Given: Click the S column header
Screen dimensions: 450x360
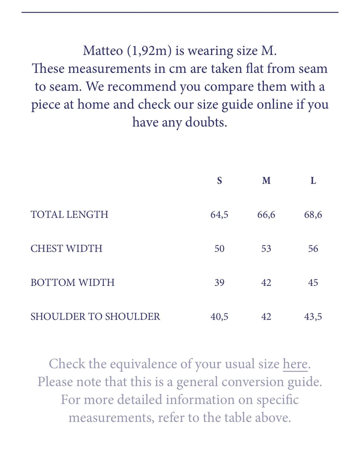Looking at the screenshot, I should coord(219,181).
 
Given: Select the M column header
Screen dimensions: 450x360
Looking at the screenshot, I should coord(266,181).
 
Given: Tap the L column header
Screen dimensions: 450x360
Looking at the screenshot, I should coord(313,181).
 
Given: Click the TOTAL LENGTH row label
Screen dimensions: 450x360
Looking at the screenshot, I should coord(69,214).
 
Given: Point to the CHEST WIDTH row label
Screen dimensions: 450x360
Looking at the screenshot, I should coord(66,249).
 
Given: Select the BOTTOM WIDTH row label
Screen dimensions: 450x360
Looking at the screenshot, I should coord(72,282).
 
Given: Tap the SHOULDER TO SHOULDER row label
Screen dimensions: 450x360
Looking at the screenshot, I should coord(95,317).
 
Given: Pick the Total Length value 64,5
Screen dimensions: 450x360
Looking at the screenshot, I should coord(219,215).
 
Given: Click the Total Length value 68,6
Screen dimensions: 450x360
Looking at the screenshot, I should coord(313,215).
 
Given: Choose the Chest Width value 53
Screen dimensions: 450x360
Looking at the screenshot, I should coord(266,249).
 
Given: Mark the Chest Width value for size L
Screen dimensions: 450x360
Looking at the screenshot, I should coord(313,249).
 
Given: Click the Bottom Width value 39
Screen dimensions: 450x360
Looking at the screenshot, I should coord(219,283).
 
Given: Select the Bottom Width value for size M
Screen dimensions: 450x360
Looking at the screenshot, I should coord(266,283).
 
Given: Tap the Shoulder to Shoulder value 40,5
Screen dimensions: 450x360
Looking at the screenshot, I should coord(219,317).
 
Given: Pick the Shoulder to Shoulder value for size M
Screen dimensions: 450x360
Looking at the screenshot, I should coord(266,317).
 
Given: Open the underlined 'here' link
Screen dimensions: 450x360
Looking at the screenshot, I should coord(295,364).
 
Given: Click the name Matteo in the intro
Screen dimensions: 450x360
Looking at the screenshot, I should coord(103,51).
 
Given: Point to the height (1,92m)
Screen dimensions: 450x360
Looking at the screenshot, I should coord(149,51).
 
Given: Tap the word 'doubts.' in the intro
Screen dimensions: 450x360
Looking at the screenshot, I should coord(206,122).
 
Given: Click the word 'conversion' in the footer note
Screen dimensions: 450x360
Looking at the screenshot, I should coord(252,382).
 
